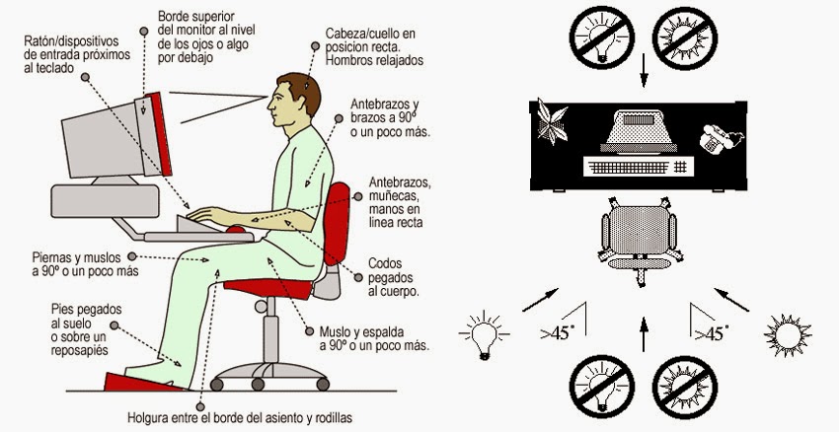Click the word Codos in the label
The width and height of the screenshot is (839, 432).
(x=384, y=263)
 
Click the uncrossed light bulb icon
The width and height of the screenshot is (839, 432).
(x=485, y=335)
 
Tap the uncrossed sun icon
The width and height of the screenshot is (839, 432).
(x=789, y=335)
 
